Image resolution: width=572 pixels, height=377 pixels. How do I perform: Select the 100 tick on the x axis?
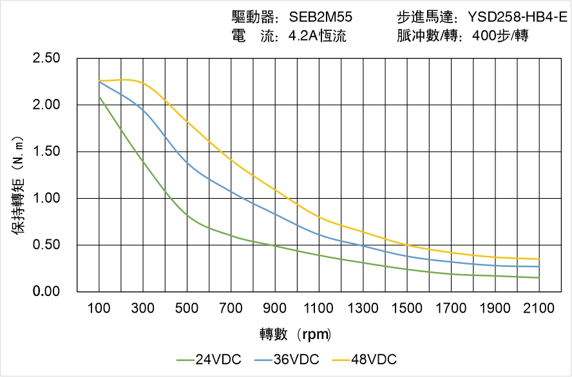pos(99,308)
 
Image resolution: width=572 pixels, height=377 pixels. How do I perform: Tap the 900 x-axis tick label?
pos(275,308)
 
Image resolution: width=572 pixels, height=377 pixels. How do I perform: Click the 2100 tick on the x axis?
pos(539,308)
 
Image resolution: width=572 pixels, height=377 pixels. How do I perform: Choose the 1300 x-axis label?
pos(363,308)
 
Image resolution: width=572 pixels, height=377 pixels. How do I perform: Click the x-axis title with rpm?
pos(296,335)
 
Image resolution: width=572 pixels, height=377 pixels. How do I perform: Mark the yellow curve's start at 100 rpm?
pos(99,81)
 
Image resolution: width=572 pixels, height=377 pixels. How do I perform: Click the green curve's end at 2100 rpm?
pos(539,278)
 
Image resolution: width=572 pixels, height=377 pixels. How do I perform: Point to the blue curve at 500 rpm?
pos(187,162)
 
